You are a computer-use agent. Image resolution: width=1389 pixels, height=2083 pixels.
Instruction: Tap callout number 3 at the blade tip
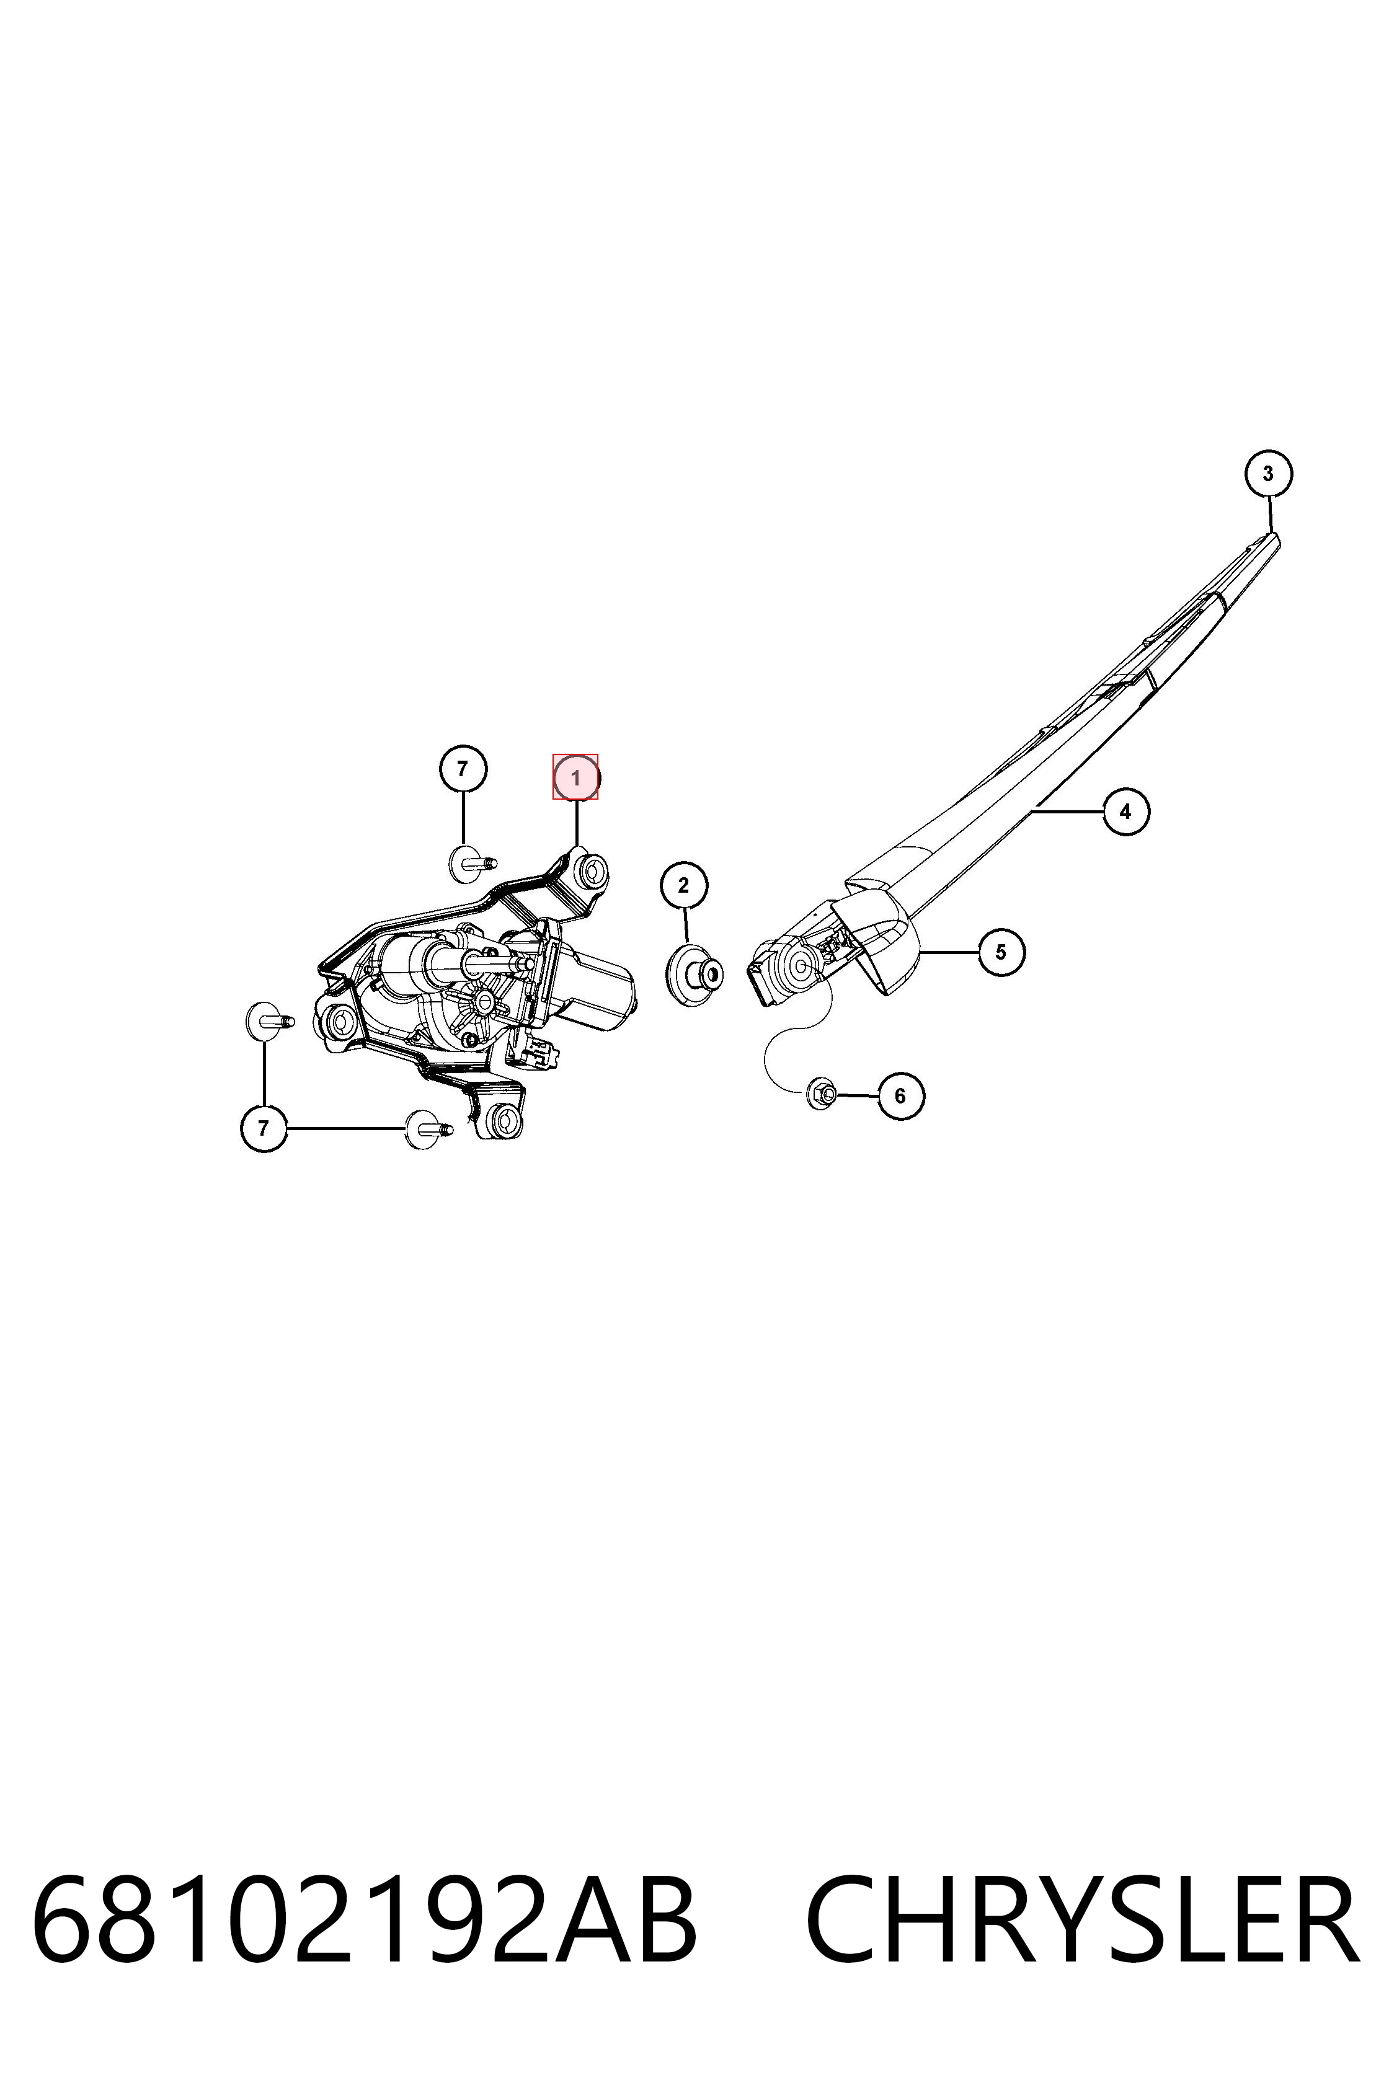point(1267,474)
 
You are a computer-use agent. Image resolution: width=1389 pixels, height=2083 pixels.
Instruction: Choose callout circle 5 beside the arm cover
point(1001,952)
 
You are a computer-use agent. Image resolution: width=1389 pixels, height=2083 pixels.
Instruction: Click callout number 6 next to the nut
point(900,1095)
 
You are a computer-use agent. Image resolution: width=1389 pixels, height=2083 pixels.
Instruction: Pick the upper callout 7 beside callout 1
point(463,768)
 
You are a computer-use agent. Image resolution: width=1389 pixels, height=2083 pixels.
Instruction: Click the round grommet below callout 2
point(694,974)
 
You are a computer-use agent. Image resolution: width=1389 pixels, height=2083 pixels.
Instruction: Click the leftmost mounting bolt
point(268,1022)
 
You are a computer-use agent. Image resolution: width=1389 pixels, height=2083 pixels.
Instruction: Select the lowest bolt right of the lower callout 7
point(428,1129)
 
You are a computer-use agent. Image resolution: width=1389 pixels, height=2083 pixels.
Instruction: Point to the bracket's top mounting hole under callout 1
point(591,872)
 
